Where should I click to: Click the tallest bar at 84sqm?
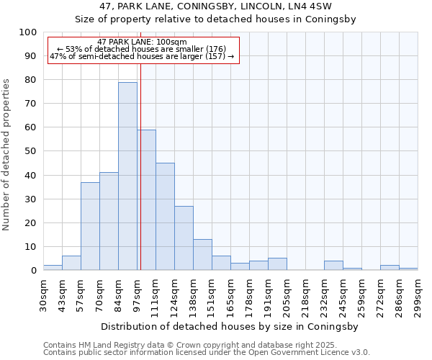click(127, 176)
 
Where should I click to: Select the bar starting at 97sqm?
click(146, 200)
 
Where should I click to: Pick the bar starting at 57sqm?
click(90, 226)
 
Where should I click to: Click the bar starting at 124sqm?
click(184, 238)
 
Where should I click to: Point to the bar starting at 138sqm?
click(202, 255)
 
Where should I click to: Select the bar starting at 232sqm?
click(333, 266)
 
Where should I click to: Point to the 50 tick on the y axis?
click(30, 151)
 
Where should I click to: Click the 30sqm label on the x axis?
click(43, 296)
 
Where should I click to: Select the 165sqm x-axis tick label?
click(230, 296)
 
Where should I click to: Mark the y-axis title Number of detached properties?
click(7, 155)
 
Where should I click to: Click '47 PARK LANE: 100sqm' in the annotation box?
click(142, 42)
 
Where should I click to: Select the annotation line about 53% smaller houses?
click(142, 49)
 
